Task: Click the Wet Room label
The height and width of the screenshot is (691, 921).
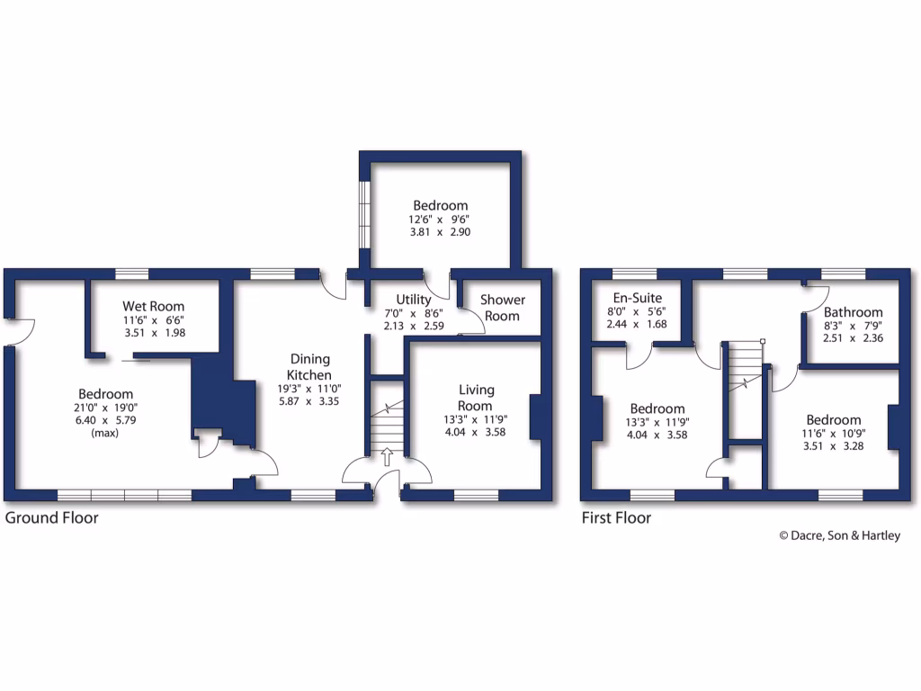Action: coord(154,306)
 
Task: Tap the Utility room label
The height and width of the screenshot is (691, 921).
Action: coord(414,300)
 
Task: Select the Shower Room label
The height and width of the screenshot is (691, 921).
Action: coord(502,308)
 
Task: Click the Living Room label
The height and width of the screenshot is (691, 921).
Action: coord(476,398)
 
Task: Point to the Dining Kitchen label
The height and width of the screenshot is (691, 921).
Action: coord(309,367)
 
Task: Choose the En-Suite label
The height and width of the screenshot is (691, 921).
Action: coord(637,298)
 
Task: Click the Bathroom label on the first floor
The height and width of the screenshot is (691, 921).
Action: coord(853,312)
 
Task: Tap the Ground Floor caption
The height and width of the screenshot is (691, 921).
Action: coord(52,518)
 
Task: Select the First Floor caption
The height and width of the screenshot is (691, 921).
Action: coord(616,518)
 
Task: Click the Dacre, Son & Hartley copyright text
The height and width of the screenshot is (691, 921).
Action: coord(838,535)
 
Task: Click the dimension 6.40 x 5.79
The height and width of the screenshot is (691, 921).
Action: coord(105,420)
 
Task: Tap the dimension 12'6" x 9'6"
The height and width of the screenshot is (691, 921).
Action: coord(441,219)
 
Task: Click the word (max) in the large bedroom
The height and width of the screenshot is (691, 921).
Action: coord(105,433)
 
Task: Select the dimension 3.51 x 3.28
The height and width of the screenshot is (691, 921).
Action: coord(833,445)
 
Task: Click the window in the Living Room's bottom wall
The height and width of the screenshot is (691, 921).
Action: coord(476,494)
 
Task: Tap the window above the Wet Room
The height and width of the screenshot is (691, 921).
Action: coord(132,274)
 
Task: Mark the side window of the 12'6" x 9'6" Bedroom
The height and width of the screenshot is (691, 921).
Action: coord(364,214)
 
